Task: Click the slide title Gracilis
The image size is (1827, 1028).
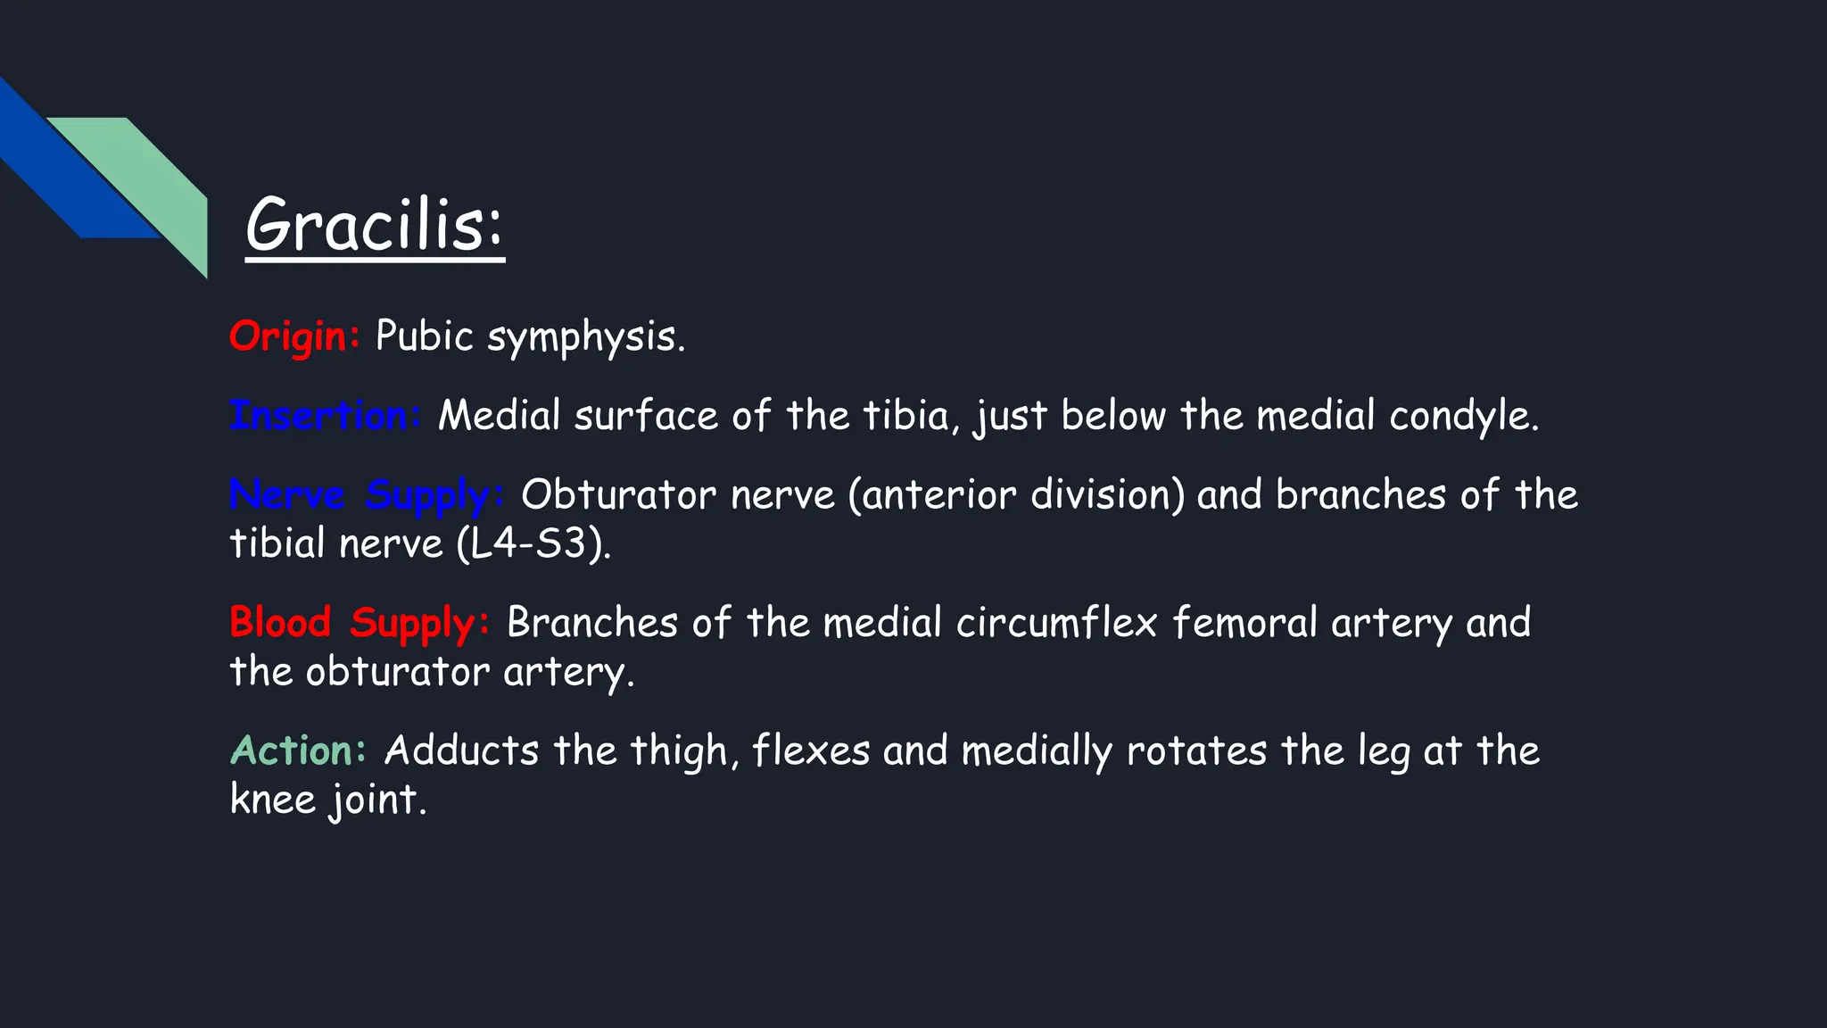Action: click(x=375, y=225)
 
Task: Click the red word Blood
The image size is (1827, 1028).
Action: click(x=280, y=622)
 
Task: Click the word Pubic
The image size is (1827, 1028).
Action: click(x=424, y=336)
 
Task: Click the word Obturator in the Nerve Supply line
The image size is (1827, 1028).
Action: click(x=618, y=495)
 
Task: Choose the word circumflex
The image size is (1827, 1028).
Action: click(x=1056, y=623)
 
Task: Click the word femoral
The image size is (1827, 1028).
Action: click(x=1244, y=623)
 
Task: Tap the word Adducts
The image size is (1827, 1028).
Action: click(x=461, y=750)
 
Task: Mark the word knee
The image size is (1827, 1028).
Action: click(x=272, y=799)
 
